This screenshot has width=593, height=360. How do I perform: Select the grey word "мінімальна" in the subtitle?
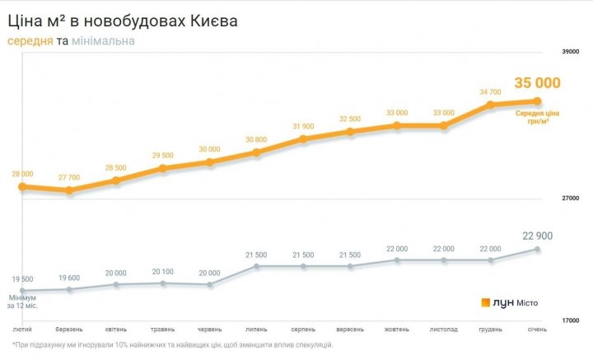(103, 40)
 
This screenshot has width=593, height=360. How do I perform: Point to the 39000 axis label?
(570, 51)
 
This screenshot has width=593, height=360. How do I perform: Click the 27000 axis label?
(570, 199)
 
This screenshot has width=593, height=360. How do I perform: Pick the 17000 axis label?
(570, 320)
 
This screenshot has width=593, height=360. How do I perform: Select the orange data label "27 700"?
(69, 177)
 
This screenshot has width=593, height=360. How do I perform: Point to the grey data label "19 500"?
(22, 279)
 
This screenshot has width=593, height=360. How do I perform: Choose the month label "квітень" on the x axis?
(116, 330)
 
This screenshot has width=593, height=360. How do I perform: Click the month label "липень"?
(256, 330)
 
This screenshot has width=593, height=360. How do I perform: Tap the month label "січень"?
(537, 330)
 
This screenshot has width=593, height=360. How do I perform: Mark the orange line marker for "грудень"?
(490, 105)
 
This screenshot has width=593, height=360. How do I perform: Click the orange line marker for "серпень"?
(303, 139)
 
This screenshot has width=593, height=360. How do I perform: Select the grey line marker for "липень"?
(256, 267)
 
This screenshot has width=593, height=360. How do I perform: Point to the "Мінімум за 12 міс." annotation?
(22, 301)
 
